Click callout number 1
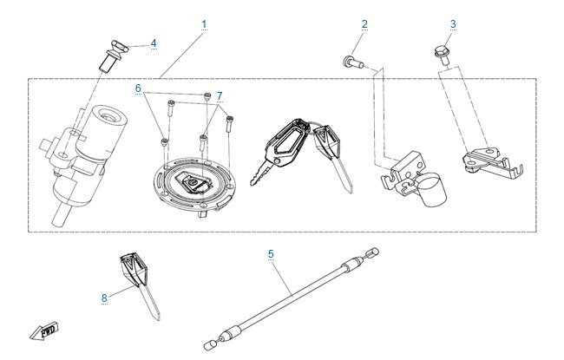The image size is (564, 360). pyautogui.click(x=204, y=24)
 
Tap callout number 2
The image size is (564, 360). pyautogui.click(x=364, y=24)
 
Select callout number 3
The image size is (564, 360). pyautogui.click(x=453, y=24)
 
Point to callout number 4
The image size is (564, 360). pyautogui.click(x=154, y=43)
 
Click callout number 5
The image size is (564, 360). pyautogui.click(x=271, y=254)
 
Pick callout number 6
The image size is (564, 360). pyautogui.click(x=138, y=88)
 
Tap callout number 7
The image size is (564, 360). pyautogui.click(x=220, y=96)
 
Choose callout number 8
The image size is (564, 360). pyautogui.click(x=104, y=298)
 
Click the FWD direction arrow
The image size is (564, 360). pyautogui.click(x=44, y=331)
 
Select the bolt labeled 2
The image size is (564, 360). pyautogui.click(x=353, y=62)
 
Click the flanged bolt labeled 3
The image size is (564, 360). pyautogui.click(x=442, y=55)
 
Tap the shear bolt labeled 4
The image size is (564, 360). pyautogui.click(x=113, y=55)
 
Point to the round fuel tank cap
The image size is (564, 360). pyautogui.click(x=193, y=186)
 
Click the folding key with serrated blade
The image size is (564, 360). pyautogui.click(x=281, y=149)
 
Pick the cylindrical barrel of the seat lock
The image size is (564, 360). pyautogui.click(x=432, y=189)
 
